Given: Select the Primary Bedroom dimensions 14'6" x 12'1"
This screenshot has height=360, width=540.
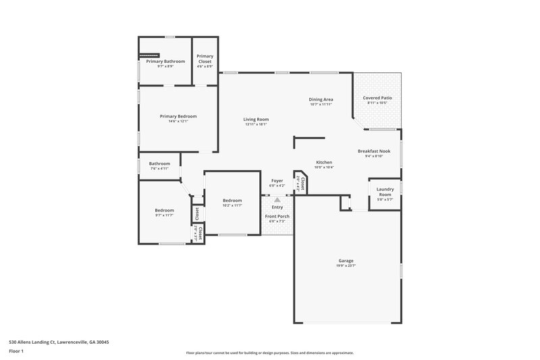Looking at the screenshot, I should coord(178,122).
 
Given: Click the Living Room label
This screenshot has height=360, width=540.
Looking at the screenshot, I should coord(256,119).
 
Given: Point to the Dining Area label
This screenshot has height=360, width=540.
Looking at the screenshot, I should coord(321,99).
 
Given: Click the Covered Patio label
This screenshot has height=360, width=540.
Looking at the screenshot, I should coord(377,98).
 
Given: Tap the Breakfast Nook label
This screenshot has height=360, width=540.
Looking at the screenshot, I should coord(374,151).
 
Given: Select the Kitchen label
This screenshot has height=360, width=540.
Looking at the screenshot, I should coord(324,162).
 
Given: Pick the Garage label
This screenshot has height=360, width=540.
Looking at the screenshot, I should coord(346,260).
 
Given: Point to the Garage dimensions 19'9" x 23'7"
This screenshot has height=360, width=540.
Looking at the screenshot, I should coord(346,265).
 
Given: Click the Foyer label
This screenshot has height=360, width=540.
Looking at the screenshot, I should coord(277,180).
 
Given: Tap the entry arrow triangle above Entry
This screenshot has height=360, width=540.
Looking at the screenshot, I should coord(277,200).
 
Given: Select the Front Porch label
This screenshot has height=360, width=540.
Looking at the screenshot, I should coord(277,217).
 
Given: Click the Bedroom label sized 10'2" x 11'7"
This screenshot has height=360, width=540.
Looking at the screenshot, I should coord(232,201).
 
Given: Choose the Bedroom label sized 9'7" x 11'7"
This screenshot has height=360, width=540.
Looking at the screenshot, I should coord(165,210).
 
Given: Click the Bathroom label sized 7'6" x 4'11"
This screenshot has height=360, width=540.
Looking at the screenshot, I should coord(159,163).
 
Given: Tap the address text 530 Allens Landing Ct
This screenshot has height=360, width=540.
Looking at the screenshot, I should coord(59,342).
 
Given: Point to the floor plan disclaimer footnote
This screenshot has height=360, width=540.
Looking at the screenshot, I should coord(270,353).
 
